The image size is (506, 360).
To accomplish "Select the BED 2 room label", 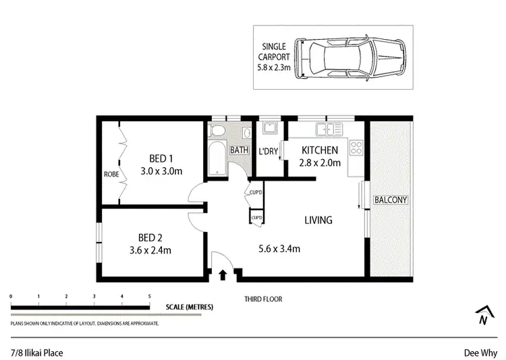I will [150, 237].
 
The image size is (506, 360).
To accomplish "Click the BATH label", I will [239, 150].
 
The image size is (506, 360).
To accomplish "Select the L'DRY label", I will [268, 151].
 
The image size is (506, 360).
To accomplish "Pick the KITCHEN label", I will [320, 150].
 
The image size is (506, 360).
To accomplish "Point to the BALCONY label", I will [391, 200].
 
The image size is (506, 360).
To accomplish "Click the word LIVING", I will [318, 220].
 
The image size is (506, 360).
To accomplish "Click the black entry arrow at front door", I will [222, 274].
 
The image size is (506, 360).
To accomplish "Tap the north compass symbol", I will [482, 314].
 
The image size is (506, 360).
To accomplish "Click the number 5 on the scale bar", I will [149, 296].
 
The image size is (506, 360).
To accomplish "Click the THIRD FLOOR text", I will [263, 299].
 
